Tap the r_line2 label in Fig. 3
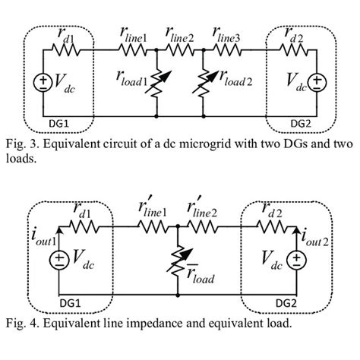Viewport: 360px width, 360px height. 181,33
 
